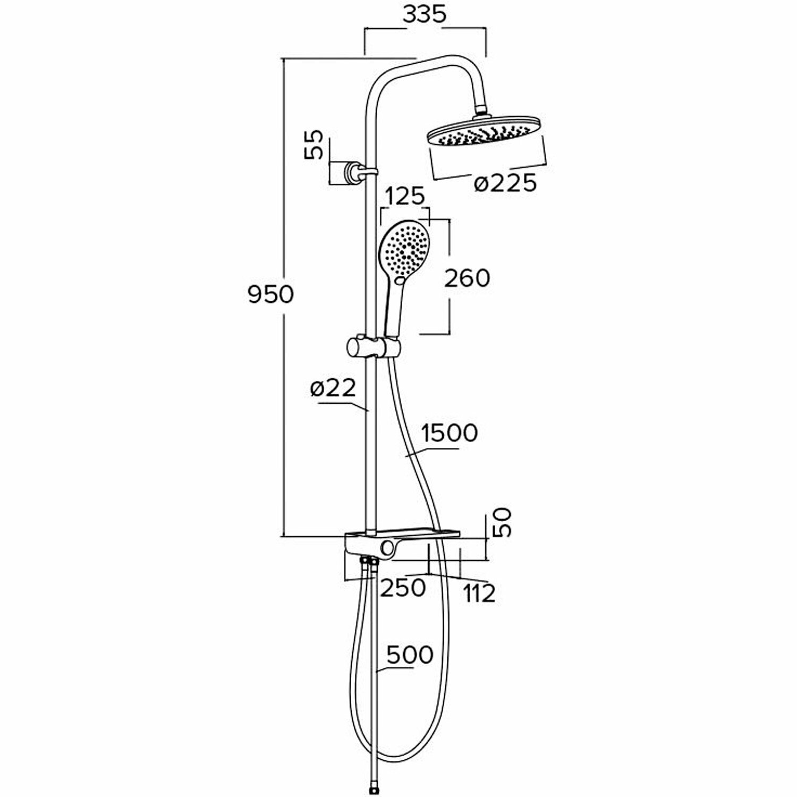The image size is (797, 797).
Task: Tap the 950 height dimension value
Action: pos(270,294)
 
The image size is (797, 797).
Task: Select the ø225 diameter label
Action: pos(505,183)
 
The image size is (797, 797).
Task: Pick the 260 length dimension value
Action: pos(467,278)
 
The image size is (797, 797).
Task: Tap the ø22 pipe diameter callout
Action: pos(333,389)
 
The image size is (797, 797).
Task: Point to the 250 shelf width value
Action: pos(402,588)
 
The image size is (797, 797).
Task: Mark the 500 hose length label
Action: pos(409,655)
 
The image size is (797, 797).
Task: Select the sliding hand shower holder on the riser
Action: pos(372,346)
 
